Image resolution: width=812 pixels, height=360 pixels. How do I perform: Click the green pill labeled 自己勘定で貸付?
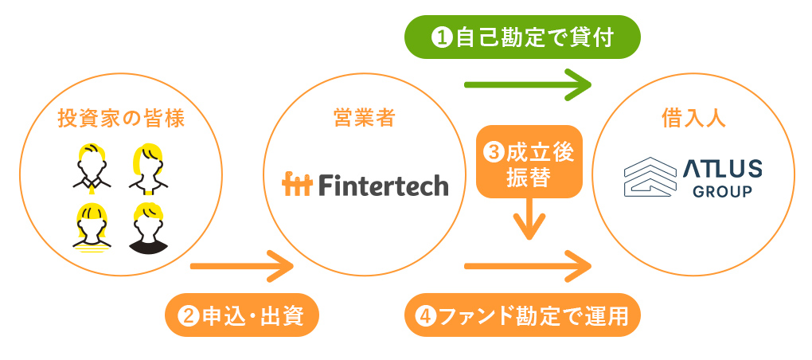pos(522,37)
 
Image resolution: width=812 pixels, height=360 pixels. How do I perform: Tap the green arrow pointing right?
pos(528,84)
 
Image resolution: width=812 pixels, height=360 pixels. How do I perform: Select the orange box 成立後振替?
pos(529,163)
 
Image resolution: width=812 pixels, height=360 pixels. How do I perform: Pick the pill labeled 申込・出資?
pos(242,316)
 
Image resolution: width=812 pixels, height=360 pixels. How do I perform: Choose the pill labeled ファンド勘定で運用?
pos(522,316)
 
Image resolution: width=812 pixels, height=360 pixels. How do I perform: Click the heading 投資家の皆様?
pos(121,119)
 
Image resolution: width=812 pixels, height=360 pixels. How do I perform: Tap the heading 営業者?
pos(364,119)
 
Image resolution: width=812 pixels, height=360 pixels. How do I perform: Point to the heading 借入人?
pos(693,119)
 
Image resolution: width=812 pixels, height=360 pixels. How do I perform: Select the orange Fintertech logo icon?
pos(299,185)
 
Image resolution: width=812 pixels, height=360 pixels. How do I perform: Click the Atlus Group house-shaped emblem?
pos(648,177)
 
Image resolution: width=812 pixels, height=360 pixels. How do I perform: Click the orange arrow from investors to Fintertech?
pos(242,265)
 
